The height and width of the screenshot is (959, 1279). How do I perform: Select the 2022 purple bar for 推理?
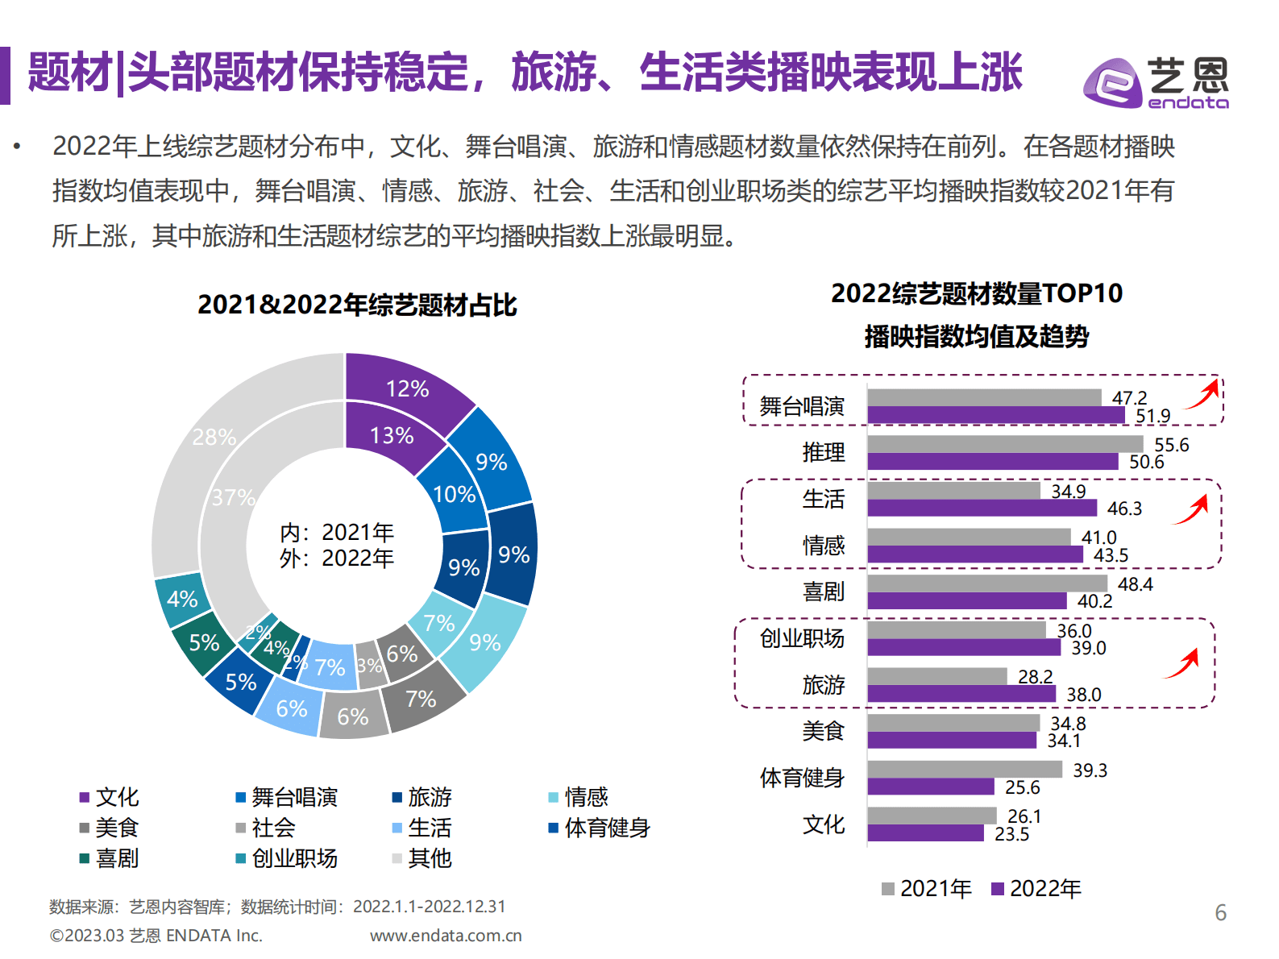coord(992,462)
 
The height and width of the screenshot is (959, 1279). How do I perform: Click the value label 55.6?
coord(1171,445)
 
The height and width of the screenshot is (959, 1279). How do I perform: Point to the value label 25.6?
coord(1022,787)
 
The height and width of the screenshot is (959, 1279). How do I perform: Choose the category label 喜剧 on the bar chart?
coord(823,592)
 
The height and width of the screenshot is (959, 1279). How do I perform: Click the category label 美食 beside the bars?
coord(823,732)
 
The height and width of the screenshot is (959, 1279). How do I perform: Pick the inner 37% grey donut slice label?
coord(233,497)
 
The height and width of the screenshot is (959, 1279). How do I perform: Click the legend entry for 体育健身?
coord(600,828)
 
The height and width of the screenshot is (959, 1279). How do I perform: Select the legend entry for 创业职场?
coord(287,858)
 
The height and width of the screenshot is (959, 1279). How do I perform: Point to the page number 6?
coord(1220,912)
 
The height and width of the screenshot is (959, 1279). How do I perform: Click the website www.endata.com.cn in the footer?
coord(446,936)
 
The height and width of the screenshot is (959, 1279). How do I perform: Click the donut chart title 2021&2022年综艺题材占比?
coord(357,305)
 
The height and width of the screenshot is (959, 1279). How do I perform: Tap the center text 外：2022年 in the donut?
coord(337,558)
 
